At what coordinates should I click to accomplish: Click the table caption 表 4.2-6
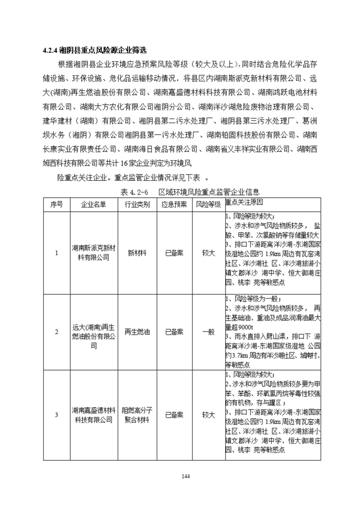click(x=133, y=191)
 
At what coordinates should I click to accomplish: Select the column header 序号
click(x=56, y=204)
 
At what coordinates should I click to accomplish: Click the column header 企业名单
click(x=94, y=204)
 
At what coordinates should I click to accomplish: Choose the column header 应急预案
click(x=174, y=204)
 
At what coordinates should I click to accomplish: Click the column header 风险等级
click(x=208, y=204)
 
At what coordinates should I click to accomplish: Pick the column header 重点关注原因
click(x=245, y=202)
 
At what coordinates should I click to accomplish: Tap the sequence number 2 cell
click(x=56, y=332)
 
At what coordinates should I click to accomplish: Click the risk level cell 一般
click(x=208, y=332)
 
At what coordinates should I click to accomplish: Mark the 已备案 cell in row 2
click(x=174, y=332)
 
